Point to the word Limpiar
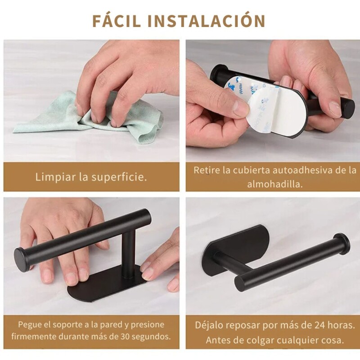[55, 177]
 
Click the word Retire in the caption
[207, 171]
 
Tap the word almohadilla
[274, 184]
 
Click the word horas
[334, 325]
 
